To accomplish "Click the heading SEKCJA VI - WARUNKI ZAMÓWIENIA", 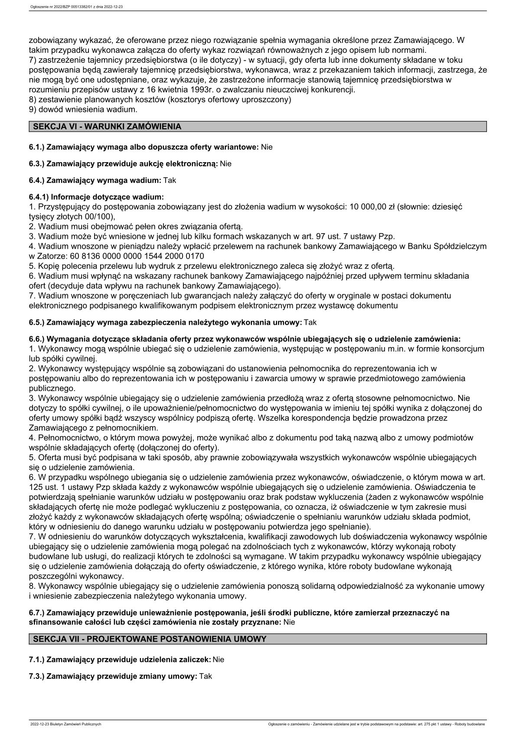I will tap(107, 127).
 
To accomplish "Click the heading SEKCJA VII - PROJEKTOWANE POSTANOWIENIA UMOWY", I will tap(150, 639).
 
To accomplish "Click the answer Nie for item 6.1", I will tap(267, 147).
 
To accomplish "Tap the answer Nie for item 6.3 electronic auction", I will tap(226, 164).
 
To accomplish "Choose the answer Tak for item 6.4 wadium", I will tap(170, 180).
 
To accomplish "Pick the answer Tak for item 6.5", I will tap(310, 323).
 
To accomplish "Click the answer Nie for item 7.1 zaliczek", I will tap(219, 660).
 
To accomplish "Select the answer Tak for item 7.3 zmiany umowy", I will tap(206, 676).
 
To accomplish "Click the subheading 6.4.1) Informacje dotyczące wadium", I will tap(96, 197).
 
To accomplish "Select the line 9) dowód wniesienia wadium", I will tap(83, 110).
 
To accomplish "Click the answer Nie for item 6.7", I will tap(289, 622).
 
